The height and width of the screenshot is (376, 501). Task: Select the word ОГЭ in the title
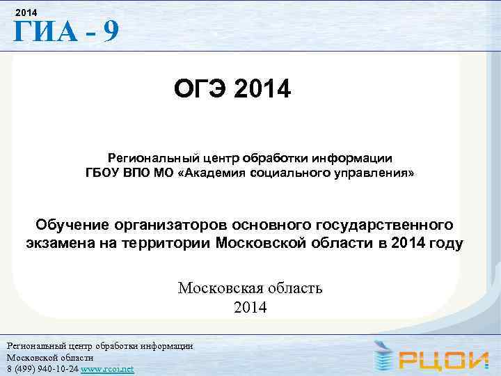(202, 90)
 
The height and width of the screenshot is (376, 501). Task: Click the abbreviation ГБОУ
(104, 172)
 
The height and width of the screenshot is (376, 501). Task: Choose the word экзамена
(58, 244)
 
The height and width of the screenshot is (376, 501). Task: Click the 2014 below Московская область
(250, 306)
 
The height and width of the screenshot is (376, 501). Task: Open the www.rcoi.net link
(108, 368)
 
